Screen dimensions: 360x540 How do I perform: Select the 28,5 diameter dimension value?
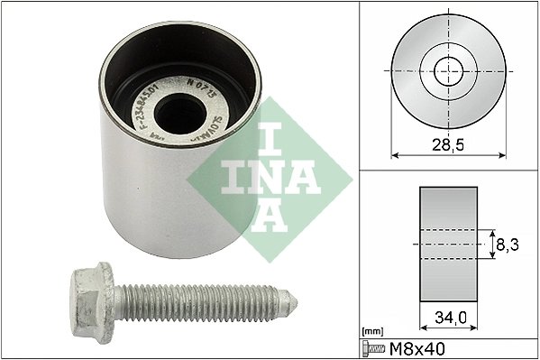coord(443,143)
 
